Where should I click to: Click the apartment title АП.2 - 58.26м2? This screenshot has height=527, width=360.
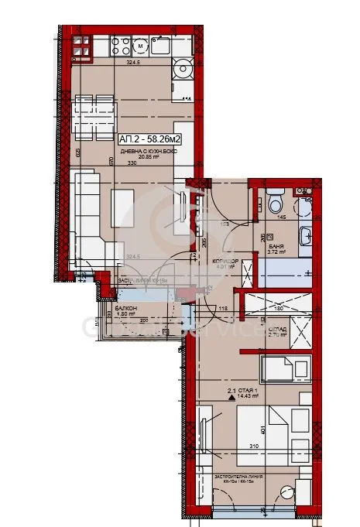pyautogui.click(x=149, y=139)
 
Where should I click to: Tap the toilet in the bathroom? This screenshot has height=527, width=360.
pyautogui.click(x=276, y=204)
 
